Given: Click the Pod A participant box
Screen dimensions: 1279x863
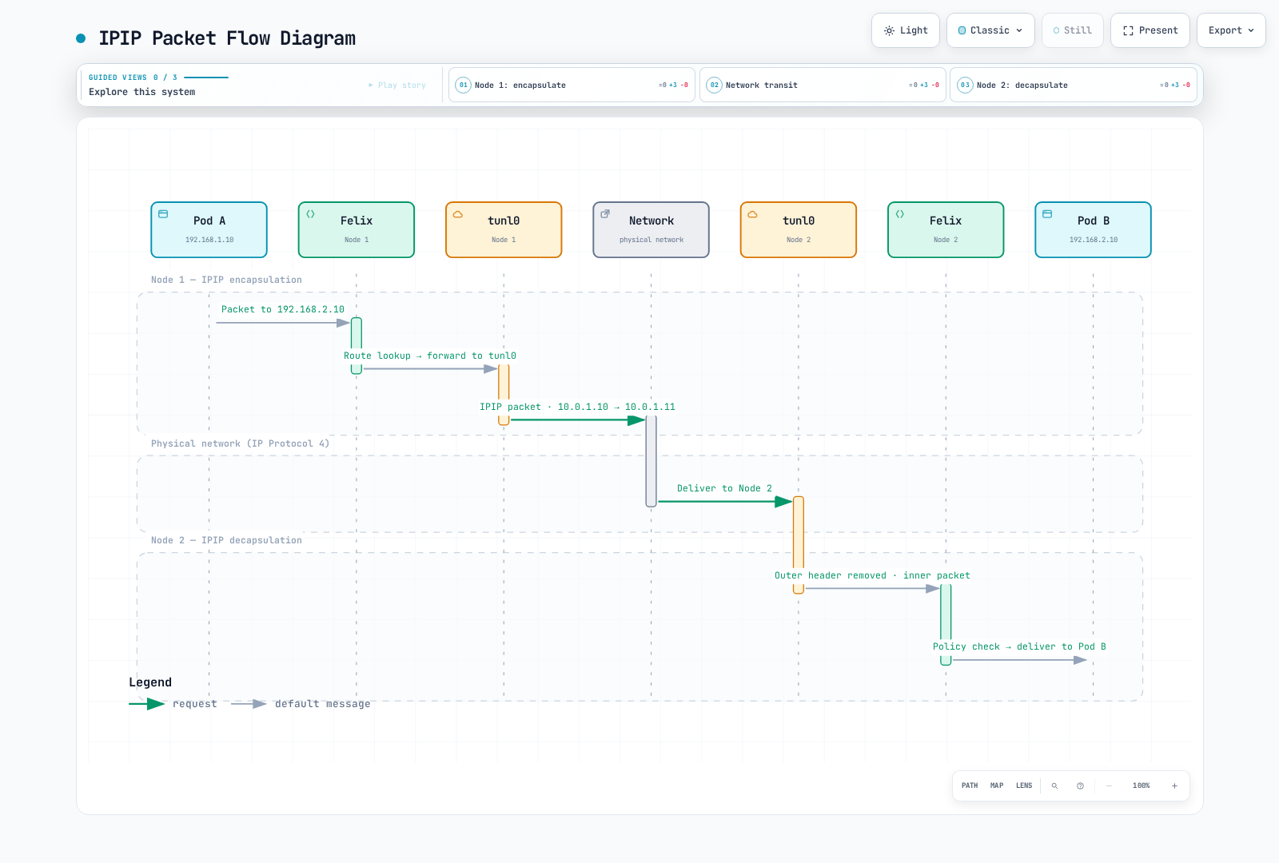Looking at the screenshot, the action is (x=209, y=229).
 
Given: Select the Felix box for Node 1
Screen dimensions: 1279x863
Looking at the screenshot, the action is (x=357, y=229).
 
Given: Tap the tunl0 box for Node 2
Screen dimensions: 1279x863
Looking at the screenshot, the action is (x=799, y=229).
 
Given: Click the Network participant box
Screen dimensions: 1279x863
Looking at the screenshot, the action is (x=651, y=229).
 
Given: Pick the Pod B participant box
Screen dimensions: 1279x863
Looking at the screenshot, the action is (x=1093, y=229).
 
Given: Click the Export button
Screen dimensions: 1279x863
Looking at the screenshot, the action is (x=1231, y=30).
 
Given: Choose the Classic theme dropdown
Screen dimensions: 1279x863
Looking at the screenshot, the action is (x=990, y=30).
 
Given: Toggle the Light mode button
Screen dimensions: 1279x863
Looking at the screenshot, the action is (x=906, y=30).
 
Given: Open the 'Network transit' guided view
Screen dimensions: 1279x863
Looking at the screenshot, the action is (x=823, y=85).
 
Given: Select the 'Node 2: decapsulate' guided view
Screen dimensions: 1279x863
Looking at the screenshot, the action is (x=1074, y=85).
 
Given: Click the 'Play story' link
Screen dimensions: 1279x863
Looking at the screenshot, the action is (x=397, y=85).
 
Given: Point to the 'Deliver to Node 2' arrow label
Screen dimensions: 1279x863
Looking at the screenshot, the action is (x=724, y=488).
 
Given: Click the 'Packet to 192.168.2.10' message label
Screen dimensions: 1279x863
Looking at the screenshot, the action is (x=283, y=309).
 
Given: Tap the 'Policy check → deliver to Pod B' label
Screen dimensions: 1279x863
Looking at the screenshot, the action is (x=1019, y=646).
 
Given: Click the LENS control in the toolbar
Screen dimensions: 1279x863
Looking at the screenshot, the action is (x=1024, y=785).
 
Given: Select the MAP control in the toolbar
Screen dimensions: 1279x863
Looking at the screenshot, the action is (x=996, y=785).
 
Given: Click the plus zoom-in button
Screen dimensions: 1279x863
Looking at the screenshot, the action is (x=1174, y=786).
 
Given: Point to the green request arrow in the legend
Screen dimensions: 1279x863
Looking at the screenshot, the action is (x=147, y=704).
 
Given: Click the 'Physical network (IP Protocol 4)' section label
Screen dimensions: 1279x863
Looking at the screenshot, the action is (x=241, y=443).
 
